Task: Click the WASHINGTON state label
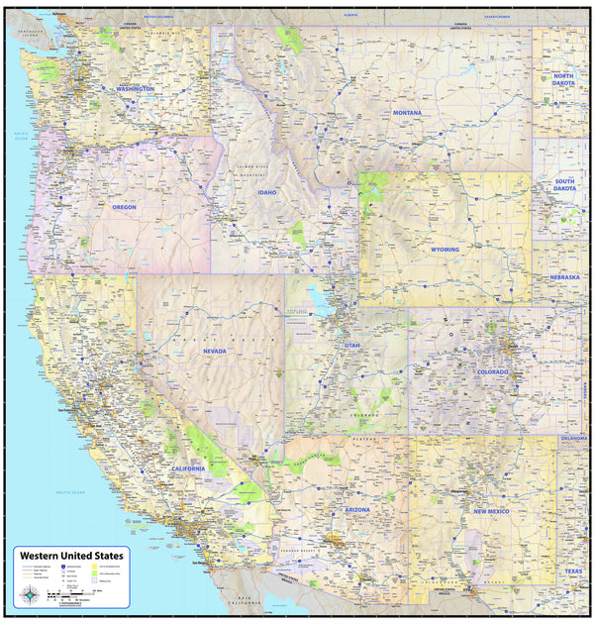(135, 89)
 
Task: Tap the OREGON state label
(124, 207)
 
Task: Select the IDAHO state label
(267, 192)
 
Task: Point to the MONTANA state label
(406, 113)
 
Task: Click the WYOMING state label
(445, 250)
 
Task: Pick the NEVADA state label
(214, 351)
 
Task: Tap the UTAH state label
(352, 345)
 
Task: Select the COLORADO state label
(492, 371)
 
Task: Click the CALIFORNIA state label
(187, 468)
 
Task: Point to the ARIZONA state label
(357, 509)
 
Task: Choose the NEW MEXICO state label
(491, 511)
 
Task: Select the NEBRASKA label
(564, 277)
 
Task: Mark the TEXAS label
(574, 572)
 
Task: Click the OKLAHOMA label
(573, 437)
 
